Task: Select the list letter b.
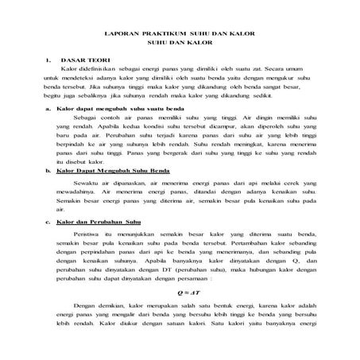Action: [x=48, y=170]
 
